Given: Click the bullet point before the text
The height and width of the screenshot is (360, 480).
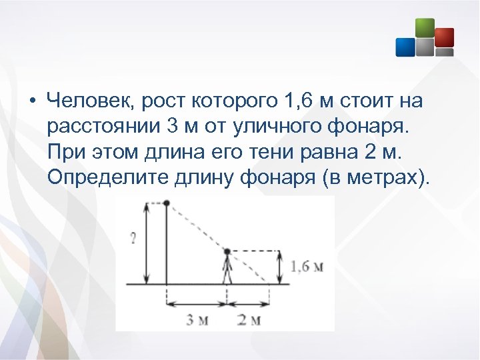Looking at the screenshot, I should pyautogui.click(x=31, y=103).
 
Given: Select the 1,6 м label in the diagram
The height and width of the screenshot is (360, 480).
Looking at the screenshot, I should pyautogui.click(x=307, y=267).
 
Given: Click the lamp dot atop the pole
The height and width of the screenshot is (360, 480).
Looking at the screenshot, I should pyautogui.click(x=167, y=203).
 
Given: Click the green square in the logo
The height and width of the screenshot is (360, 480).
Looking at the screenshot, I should pyautogui.click(x=425, y=27).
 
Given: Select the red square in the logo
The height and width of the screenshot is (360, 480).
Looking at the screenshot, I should pyautogui.click(x=444, y=37).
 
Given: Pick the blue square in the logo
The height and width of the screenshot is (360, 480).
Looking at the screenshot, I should pyautogui.click(x=405, y=47).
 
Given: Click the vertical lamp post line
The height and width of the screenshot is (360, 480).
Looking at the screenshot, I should pyautogui.click(x=167, y=247).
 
